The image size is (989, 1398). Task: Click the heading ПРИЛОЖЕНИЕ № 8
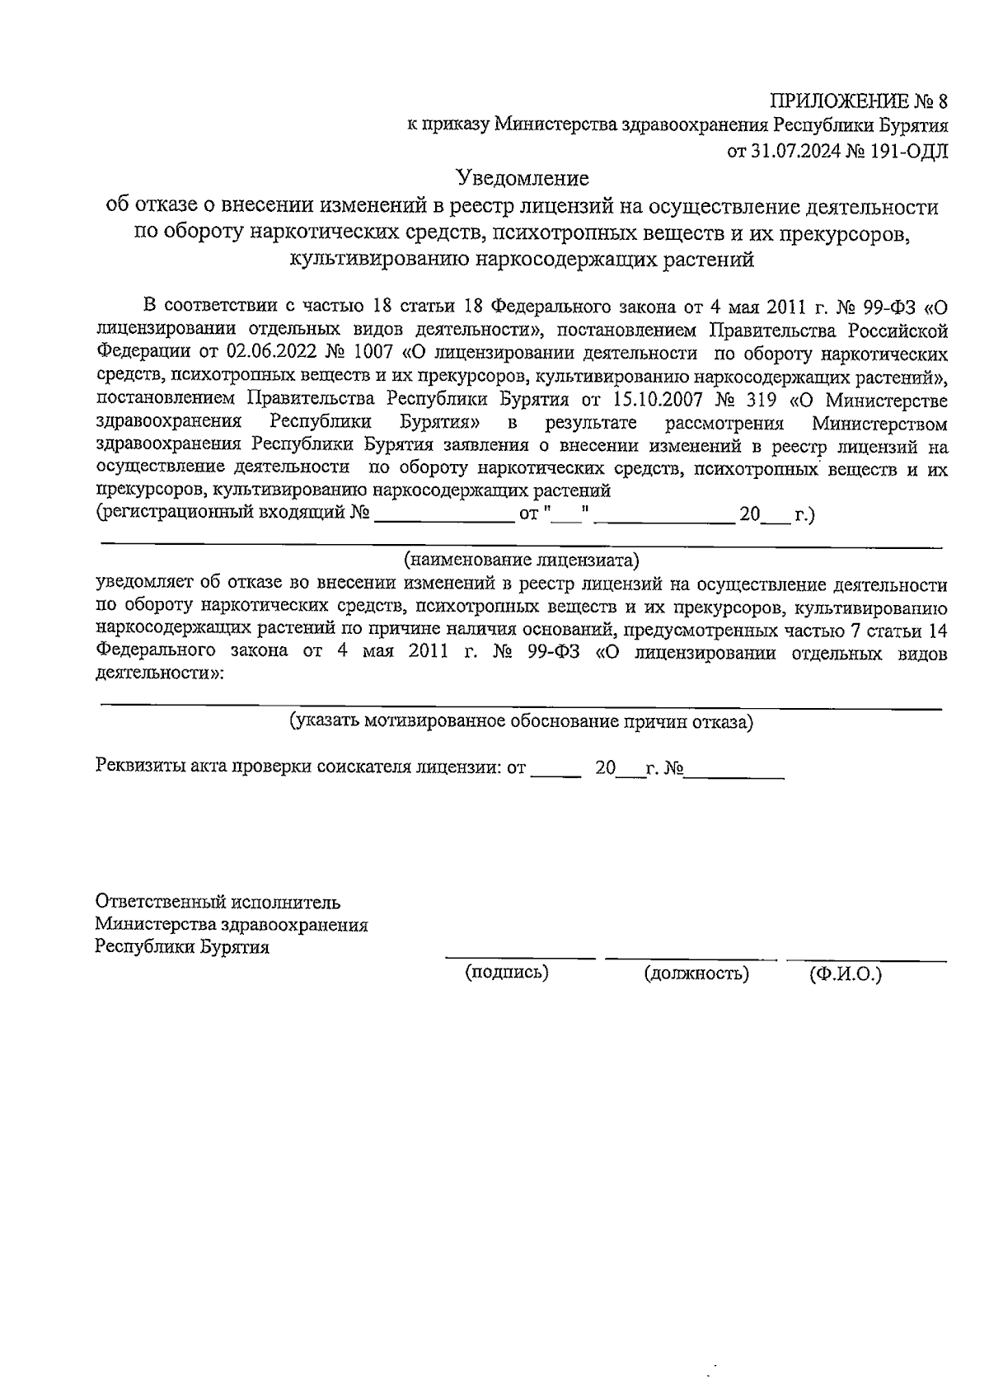[x=860, y=102]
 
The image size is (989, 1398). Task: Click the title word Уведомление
[x=523, y=178]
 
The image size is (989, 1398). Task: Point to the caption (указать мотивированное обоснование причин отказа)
[x=521, y=722]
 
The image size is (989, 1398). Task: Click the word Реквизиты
[x=140, y=767]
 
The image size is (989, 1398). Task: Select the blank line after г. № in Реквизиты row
[x=734, y=775]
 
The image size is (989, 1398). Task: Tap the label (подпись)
[x=507, y=973]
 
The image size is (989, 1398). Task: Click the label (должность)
[x=696, y=974]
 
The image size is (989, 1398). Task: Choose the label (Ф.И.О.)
[x=846, y=974]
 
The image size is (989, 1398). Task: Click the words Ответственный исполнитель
[x=218, y=902]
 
